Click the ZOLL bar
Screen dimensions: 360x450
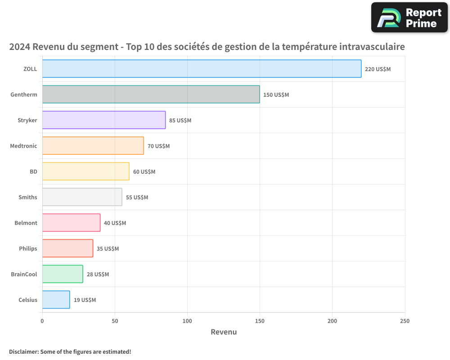pyautogui.click(x=202, y=69)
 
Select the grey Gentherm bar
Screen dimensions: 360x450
pyautogui.click(x=151, y=94)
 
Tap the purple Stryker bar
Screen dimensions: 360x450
pyautogui.click(x=104, y=120)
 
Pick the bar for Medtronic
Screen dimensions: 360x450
pyautogui.click(x=93, y=146)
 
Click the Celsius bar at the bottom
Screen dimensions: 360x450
pyautogui.click(x=56, y=300)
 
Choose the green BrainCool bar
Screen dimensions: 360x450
pyautogui.click(x=63, y=274)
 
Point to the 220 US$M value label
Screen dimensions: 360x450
pyautogui.click(x=378, y=69)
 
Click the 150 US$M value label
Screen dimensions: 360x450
pyautogui.click(x=276, y=95)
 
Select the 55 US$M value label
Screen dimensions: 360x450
pyautogui.click(x=137, y=198)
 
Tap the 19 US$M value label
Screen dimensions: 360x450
pyautogui.click(x=85, y=300)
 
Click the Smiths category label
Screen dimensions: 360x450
pyautogui.click(x=28, y=198)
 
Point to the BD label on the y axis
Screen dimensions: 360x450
pyautogui.click(x=33, y=172)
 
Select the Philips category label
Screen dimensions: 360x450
pyautogui.click(x=28, y=249)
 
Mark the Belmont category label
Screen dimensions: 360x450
pyautogui.click(x=26, y=223)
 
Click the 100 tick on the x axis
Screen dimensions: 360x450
pyautogui.click(x=187, y=321)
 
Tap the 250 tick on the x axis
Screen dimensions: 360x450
pyautogui.click(x=405, y=321)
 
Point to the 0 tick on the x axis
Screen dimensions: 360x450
pyautogui.click(x=42, y=321)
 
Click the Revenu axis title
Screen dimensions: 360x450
pyautogui.click(x=224, y=332)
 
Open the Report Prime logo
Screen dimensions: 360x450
pyautogui.click(x=409, y=18)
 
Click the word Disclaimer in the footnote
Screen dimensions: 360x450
pyautogui.click(x=23, y=352)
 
